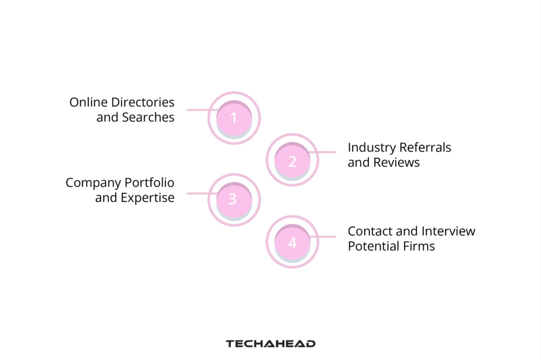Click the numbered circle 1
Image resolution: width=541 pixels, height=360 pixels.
tap(234, 118)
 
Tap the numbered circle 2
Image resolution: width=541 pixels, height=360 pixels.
tap(292, 160)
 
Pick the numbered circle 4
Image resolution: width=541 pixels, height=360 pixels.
tap(292, 242)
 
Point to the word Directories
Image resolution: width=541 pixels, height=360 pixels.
tap(142, 102)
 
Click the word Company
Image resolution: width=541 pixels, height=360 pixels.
tap(93, 183)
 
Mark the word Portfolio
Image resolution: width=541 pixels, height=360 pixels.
tap(150, 183)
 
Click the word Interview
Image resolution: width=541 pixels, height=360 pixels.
tap(449, 231)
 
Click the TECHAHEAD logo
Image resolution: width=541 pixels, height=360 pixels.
tap(270, 344)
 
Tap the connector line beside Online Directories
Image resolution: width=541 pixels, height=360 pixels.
tap(198, 110)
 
